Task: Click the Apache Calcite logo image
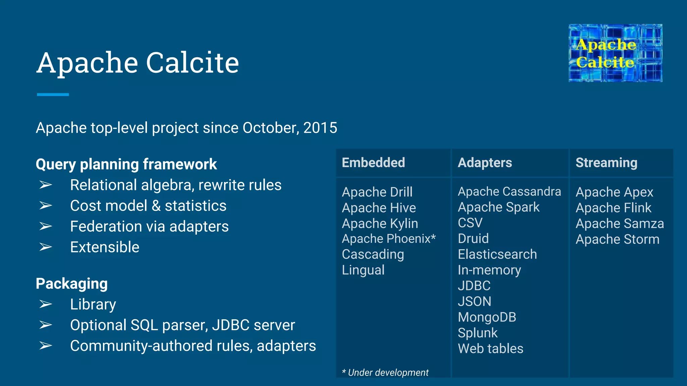pyautogui.click(x=615, y=53)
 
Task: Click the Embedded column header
pyautogui.click(x=373, y=163)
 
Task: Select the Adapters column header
pyautogui.click(x=485, y=163)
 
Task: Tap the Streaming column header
pyautogui.click(x=606, y=163)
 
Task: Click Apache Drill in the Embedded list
pyautogui.click(x=377, y=192)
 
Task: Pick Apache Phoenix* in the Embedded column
pyautogui.click(x=388, y=239)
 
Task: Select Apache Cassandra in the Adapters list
pyautogui.click(x=509, y=191)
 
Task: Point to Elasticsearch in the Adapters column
pyautogui.click(x=497, y=254)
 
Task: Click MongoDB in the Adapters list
pyautogui.click(x=487, y=317)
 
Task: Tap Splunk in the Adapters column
pyautogui.click(x=478, y=333)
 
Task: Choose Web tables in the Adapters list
pyautogui.click(x=490, y=348)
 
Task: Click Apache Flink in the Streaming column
pyautogui.click(x=613, y=208)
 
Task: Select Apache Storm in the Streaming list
pyautogui.click(x=617, y=239)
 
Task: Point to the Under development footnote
pyautogui.click(x=385, y=372)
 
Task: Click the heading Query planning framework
pyautogui.click(x=126, y=164)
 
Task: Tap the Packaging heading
pyautogui.click(x=72, y=283)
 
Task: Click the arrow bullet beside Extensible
pyautogui.click(x=46, y=247)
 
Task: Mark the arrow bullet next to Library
pyautogui.click(x=46, y=304)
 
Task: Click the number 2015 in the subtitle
pyautogui.click(x=320, y=128)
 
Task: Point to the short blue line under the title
pyautogui.click(x=53, y=94)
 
